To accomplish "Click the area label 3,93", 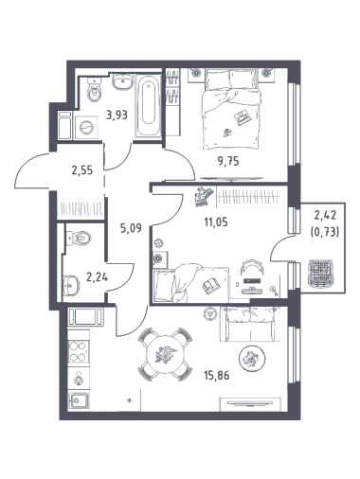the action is pyautogui.click(x=117, y=115).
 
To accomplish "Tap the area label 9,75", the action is pyautogui.click(x=228, y=161).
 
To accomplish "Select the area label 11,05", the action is pyautogui.click(x=216, y=222).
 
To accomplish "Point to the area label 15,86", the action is pyautogui.click(x=217, y=376).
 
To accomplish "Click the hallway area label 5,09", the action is pyautogui.click(x=132, y=227).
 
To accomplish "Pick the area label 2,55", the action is pyautogui.click(x=82, y=170).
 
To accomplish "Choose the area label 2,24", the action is pyautogui.click(x=98, y=277).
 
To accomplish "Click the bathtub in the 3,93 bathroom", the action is pyautogui.click(x=148, y=105).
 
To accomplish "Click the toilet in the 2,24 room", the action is pyautogui.click(x=79, y=238).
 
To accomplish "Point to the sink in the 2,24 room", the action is pyautogui.click(x=71, y=286).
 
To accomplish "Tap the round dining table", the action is pyautogui.click(x=166, y=354).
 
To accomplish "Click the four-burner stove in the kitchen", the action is pyautogui.click(x=79, y=351).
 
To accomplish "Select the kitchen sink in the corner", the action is pyautogui.click(x=79, y=400).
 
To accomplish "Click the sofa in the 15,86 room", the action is pyautogui.click(x=250, y=324).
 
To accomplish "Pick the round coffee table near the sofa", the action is pyautogui.click(x=252, y=359).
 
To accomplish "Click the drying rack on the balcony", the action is pyautogui.click(x=321, y=273).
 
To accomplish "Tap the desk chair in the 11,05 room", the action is pyautogui.click(x=251, y=267).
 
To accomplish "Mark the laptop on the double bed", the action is pyautogui.click(x=243, y=116).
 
